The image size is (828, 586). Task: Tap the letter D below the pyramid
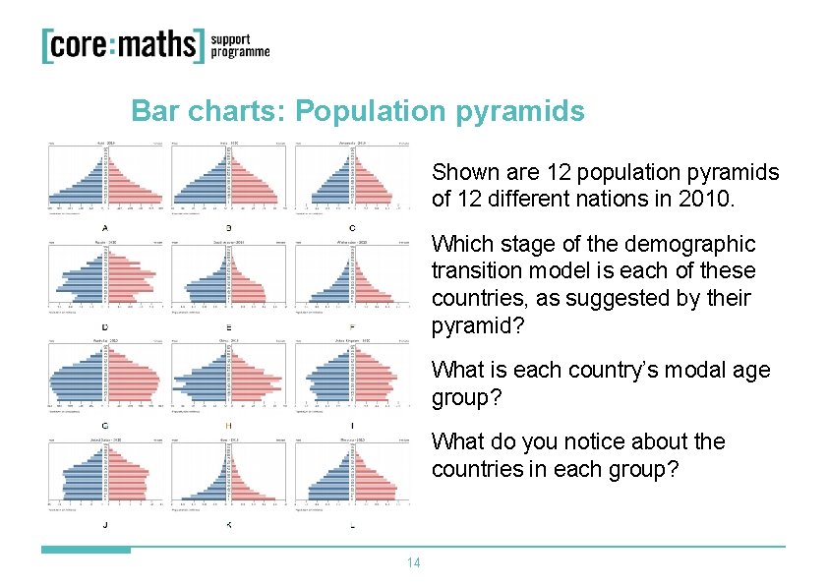pos(105,326)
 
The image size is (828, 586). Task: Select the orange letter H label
pos(229,426)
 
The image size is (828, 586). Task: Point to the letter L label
pos(353,525)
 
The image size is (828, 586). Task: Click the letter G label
pos(105,426)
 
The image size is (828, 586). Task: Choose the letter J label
pos(105,525)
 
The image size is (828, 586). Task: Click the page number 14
pos(414,563)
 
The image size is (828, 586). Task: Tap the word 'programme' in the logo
pos(240,53)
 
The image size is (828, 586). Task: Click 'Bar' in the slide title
pos(152,111)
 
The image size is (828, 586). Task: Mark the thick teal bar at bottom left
pos(86,550)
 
